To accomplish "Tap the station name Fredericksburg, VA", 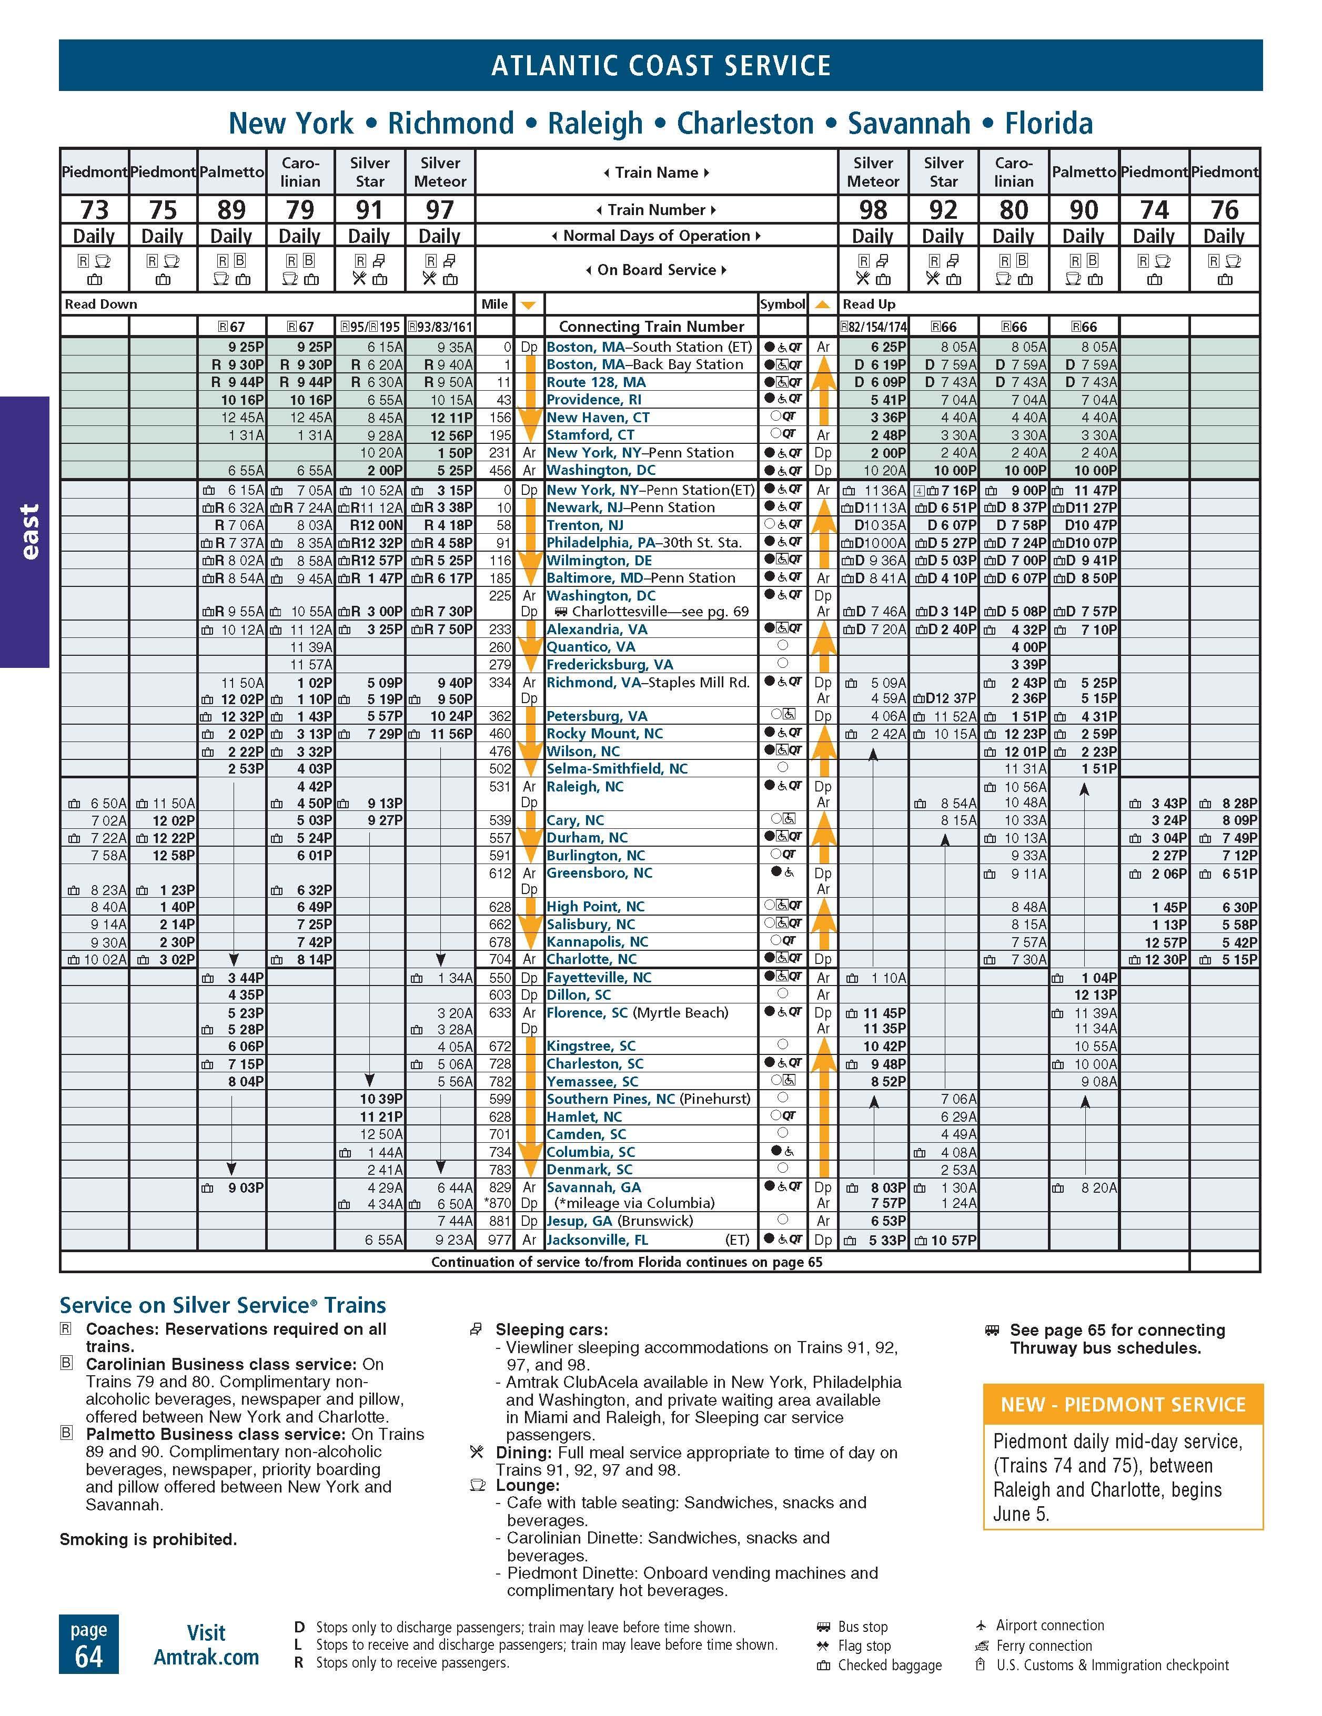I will pos(609,665).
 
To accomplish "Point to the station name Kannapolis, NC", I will pos(597,942).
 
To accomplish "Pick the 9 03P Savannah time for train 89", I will pos(245,1188).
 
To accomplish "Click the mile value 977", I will pos(500,1241).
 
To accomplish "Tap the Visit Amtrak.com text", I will pos(206,1644).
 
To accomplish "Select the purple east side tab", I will pos(25,532).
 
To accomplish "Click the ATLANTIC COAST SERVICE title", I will pos(660,65).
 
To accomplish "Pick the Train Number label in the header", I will pos(657,210).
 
